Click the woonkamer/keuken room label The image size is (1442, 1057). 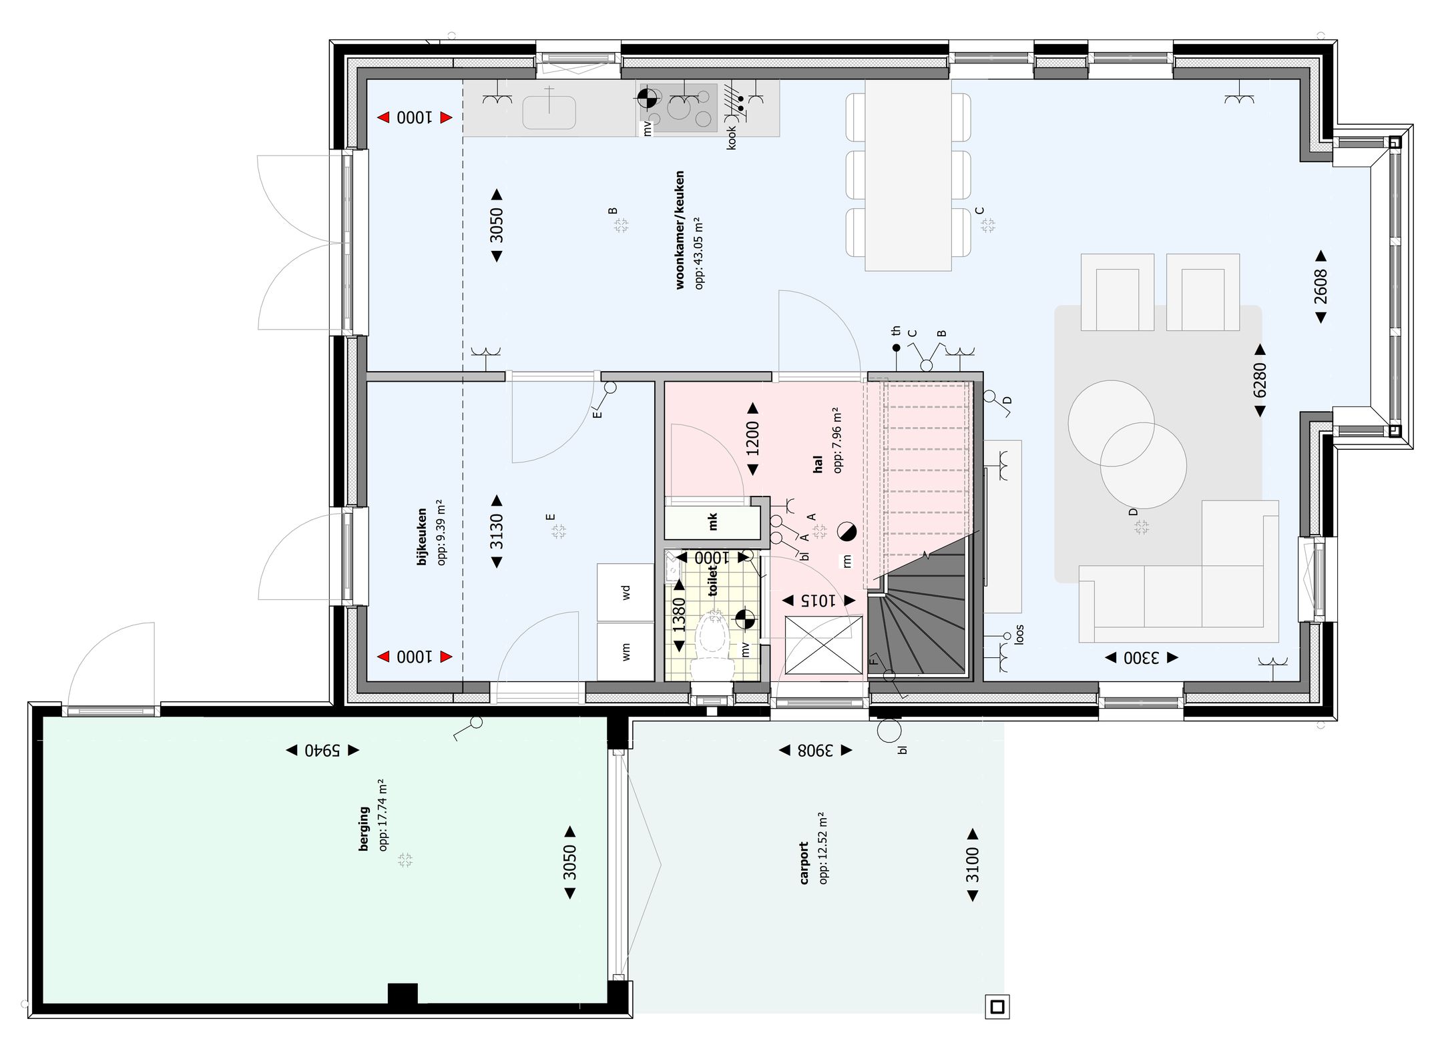pos(680,230)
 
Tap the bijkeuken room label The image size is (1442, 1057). pos(421,537)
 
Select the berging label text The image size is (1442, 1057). pos(364,829)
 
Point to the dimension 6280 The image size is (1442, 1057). pos(1260,380)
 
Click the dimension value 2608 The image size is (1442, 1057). pos(1320,287)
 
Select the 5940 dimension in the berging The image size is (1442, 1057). pos(323,751)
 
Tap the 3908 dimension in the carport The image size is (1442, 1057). pos(816,751)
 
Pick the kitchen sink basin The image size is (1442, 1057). pos(549,112)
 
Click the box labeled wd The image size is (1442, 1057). pos(626,592)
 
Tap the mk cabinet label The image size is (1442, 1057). pos(712,522)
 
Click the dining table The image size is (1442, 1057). pos(908,175)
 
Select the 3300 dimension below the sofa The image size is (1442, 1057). pos(1142,658)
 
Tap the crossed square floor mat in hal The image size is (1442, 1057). pos(824,645)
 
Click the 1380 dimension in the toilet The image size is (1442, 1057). pos(679,615)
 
